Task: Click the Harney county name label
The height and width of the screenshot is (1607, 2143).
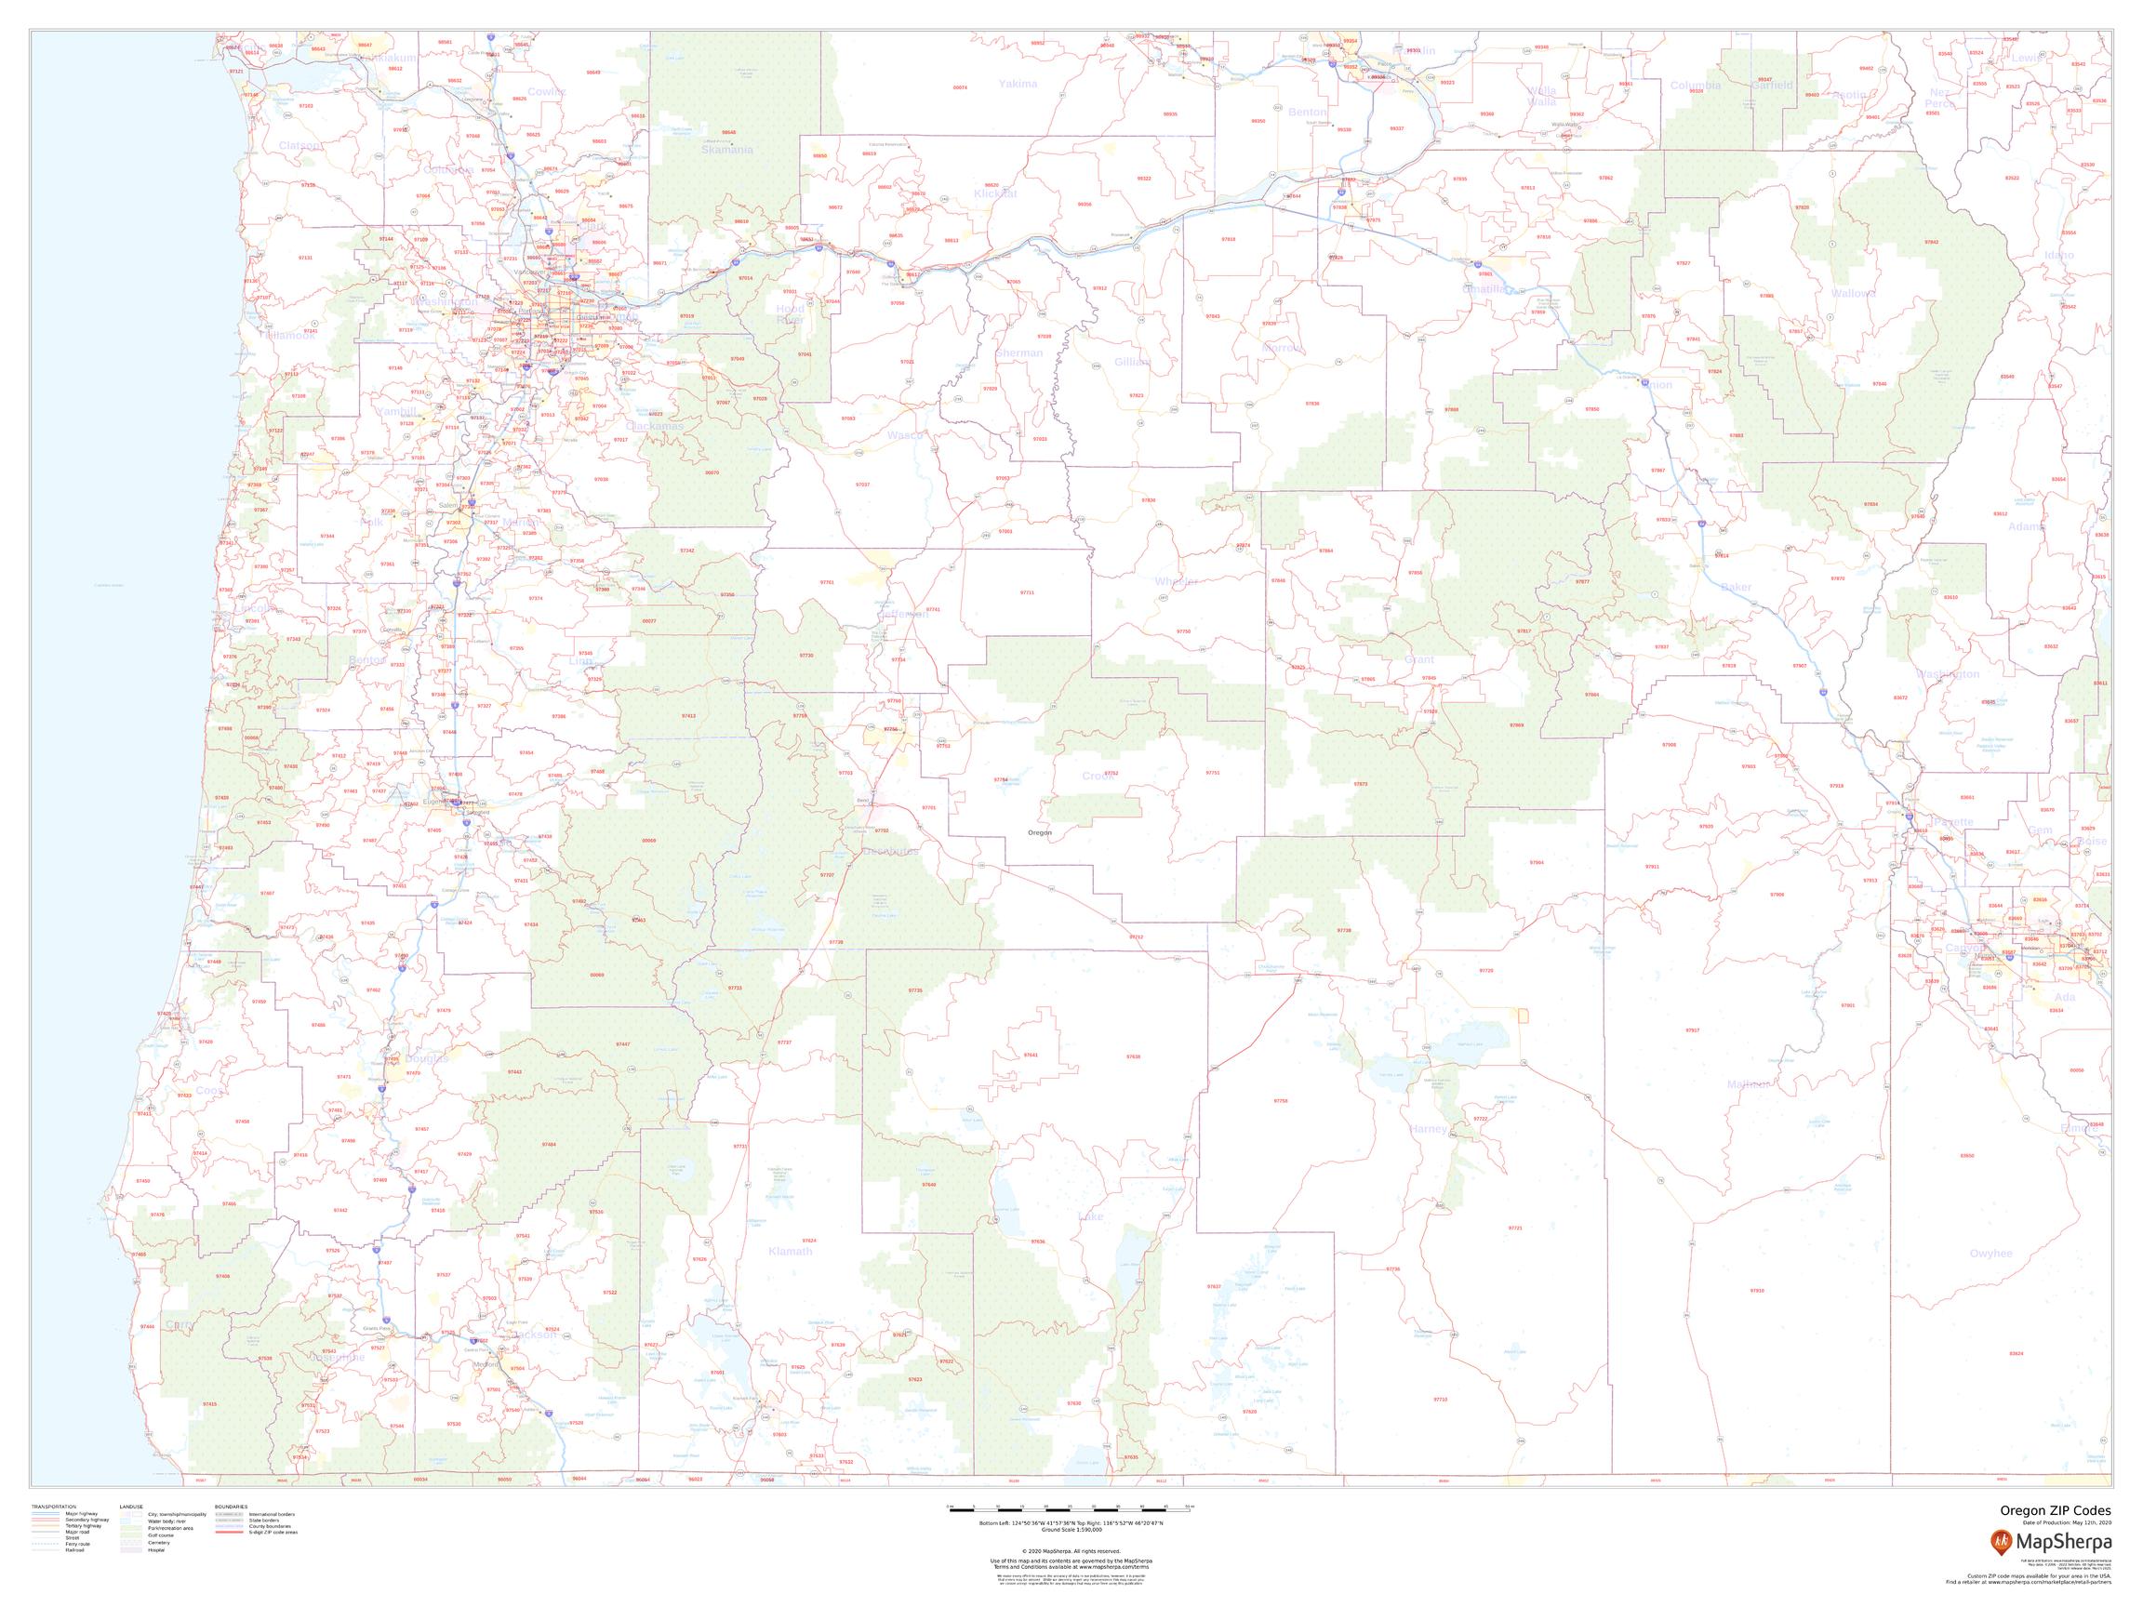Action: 1430,1129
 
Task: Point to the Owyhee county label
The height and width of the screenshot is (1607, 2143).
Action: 1990,1254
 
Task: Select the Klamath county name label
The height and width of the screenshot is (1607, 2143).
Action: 790,1252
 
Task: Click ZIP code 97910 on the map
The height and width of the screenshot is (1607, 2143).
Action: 1757,1290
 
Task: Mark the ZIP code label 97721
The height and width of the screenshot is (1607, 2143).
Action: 1515,1228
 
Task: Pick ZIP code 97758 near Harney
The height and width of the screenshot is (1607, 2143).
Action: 1281,1101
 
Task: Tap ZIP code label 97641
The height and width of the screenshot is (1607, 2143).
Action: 1031,1055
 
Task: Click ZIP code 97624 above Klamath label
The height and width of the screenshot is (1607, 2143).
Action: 809,1240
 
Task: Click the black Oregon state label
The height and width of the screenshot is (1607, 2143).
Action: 1040,833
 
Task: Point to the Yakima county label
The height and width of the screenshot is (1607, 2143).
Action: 1018,85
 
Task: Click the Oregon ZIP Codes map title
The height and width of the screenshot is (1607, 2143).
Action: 2054,1510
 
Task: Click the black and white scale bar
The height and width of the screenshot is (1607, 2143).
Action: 1071,1507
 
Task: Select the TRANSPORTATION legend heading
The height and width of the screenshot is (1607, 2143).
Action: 54,1507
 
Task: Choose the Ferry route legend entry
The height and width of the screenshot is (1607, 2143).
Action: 73,1543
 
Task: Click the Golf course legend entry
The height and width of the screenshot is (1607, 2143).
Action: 159,1534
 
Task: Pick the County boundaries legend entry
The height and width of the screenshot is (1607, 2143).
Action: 272,1528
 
